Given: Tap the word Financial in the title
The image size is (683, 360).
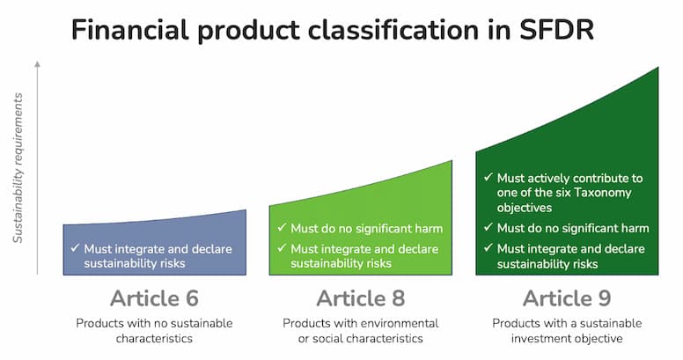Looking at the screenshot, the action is pyautogui.click(x=130, y=30).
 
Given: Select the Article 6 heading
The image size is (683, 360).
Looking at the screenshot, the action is pyautogui.click(x=154, y=298).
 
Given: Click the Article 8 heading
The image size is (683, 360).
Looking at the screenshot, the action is pyautogui.click(x=361, y=298).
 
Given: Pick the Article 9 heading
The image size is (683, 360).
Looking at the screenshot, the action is pyautogui.click(x=567, y=298).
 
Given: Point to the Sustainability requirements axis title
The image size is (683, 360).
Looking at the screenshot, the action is pyautogui.click(x=18, y=168).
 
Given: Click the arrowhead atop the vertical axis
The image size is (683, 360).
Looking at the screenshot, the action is pyautogui.click(x=38, y=64).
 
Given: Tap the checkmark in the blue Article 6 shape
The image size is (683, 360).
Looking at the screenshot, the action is pyautogui.click(x=75, y=248).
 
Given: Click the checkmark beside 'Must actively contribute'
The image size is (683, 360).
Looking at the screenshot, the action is pyautogui.click(x=488, y=178).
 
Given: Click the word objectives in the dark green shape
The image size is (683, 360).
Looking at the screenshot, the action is pyautogui.click(x=525, y=208).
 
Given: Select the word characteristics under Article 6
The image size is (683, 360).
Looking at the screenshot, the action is pyautogui.click(x=154, y=339).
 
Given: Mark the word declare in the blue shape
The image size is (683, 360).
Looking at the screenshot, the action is pyautogui.click(x=212, y=249).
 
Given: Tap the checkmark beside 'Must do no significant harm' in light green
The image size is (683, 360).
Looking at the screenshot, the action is pyautogui.click(x=282, y=227).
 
